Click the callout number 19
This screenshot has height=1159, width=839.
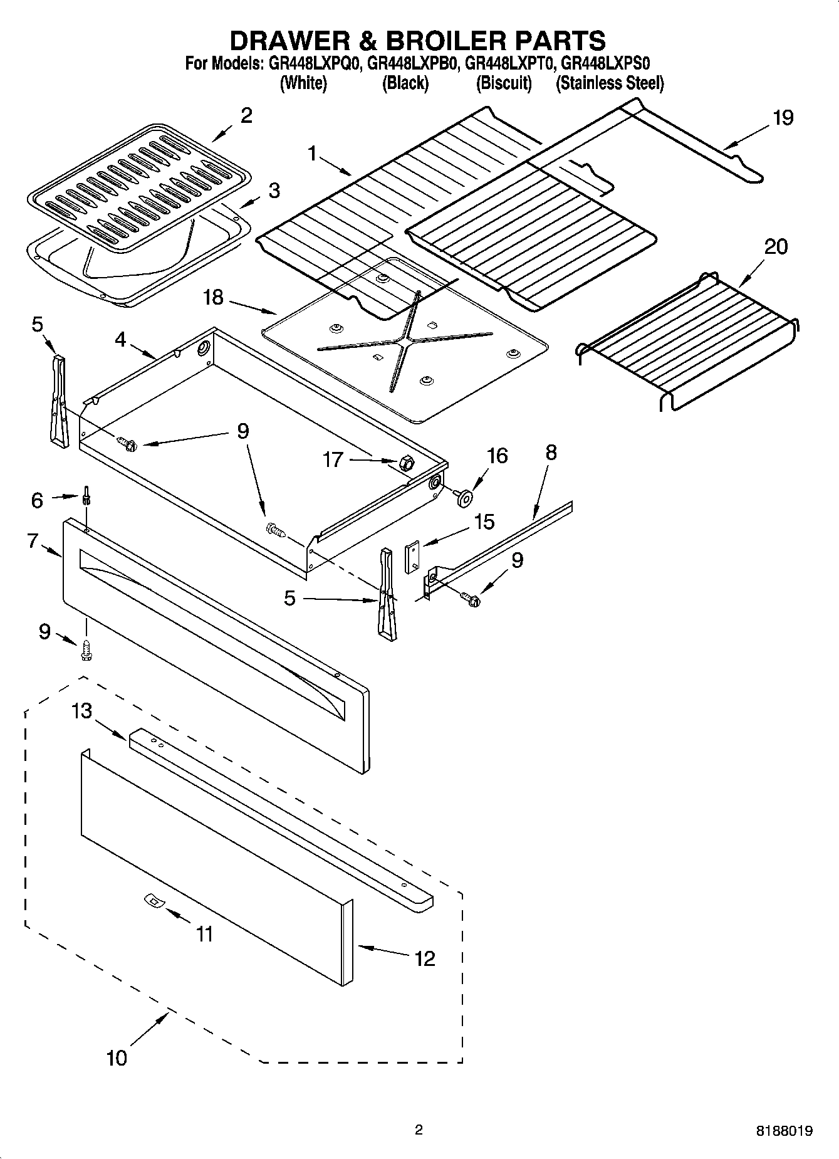point(783,118)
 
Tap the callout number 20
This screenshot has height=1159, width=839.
point(776,247)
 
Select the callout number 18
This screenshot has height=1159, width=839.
point(214,297)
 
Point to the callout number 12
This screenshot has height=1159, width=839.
point(425,958)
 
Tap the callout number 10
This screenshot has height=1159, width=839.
point(117,1057)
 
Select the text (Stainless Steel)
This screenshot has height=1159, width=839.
point(609,83)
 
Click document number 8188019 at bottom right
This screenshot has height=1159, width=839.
point(784,1131)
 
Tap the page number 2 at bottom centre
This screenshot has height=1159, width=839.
point(419,1130)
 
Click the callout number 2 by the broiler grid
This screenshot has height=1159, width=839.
point(246,115)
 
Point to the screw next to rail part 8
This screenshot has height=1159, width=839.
point(471,599)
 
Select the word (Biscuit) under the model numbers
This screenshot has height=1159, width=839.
point(504,83)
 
